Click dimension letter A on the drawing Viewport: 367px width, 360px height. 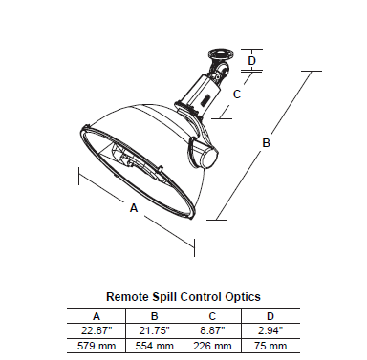(134, 208)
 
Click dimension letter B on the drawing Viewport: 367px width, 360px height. (266, 142)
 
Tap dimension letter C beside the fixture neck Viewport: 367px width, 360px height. (237, 95)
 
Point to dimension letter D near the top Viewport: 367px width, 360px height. (252, 60)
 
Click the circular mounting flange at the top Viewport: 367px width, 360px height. (220, 53)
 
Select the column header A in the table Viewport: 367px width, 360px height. (97, 316)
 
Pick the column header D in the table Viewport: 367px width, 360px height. (270, 316)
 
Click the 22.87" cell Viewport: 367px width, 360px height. (97, 330)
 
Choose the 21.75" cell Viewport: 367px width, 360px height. (154, 330)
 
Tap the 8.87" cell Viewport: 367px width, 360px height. (212, 330)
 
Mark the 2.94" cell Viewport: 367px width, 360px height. (270, 330)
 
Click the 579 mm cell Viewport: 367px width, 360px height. (97, 346)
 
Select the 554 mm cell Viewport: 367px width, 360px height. (154, 346)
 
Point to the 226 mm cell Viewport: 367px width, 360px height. (212, 346)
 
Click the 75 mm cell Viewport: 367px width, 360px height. (270, 346)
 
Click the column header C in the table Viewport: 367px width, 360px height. (212, 316)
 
